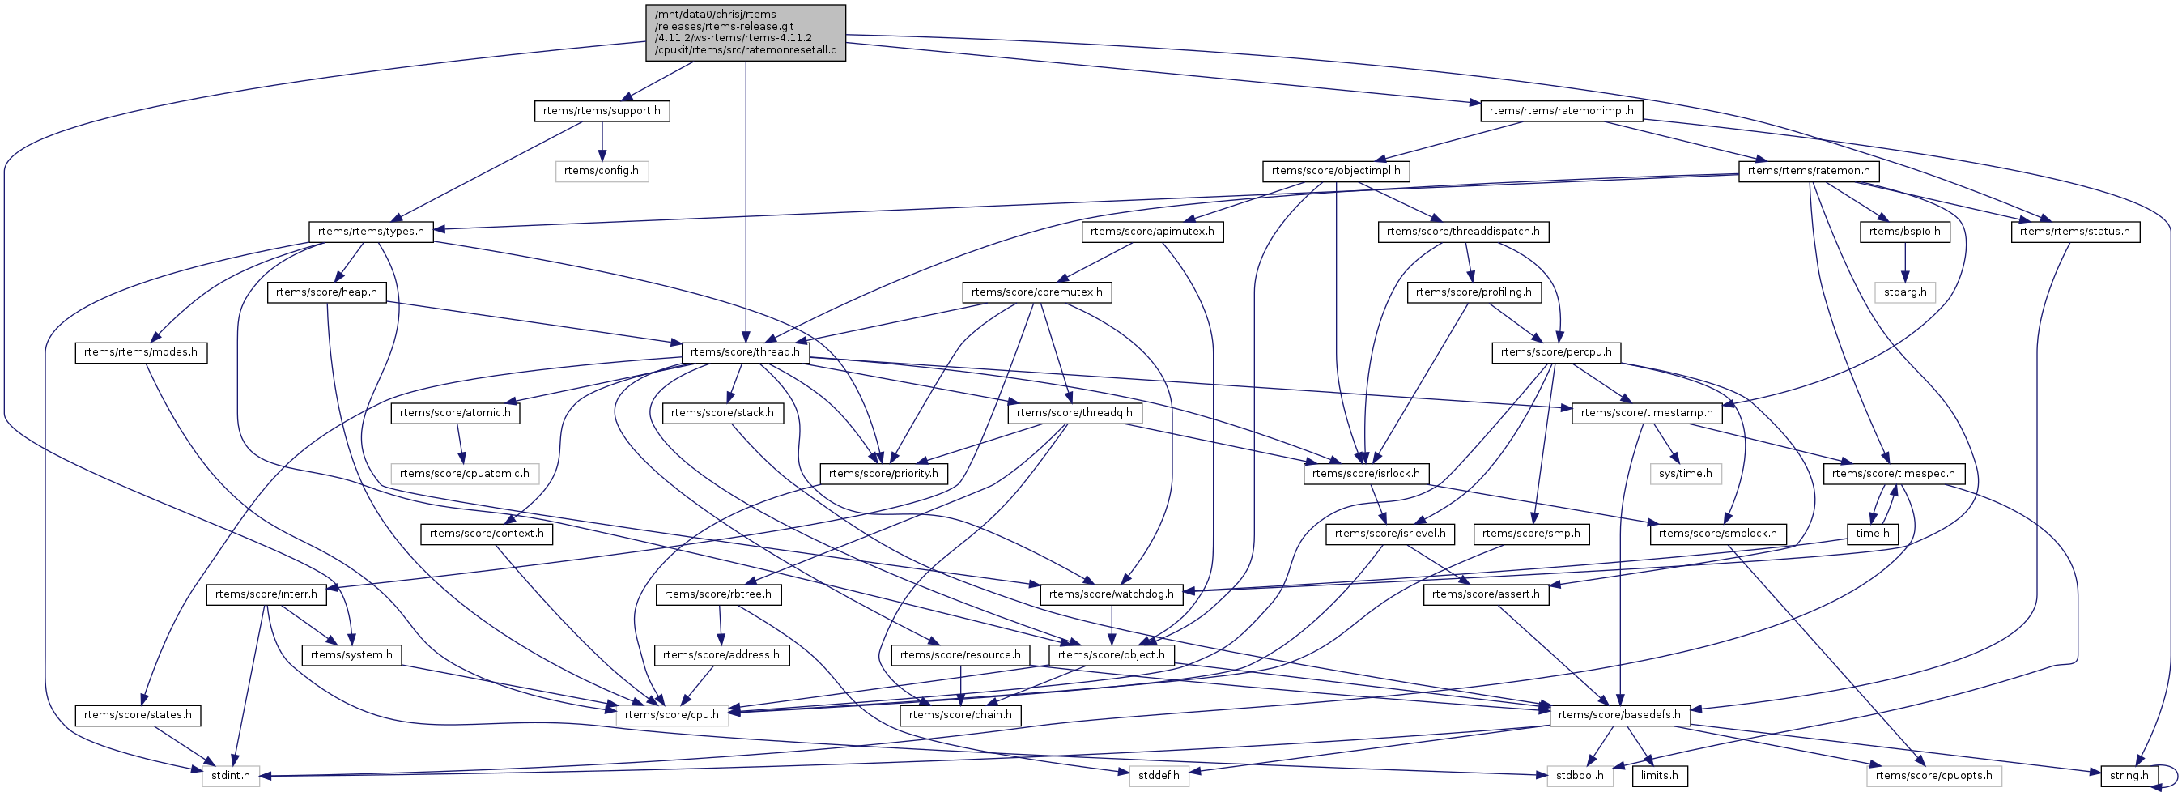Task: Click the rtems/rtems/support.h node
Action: (x=602, y=111)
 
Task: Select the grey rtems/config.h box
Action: (x=602, y=171)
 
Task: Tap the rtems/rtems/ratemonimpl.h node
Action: (x=1561, y=111)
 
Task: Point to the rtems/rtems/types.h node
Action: (x=371, y=232)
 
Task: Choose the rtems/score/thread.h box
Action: (x=746, y=352)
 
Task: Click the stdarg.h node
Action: (x=1906, y=292)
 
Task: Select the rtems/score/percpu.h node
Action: (x=1556, y=352)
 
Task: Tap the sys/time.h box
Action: (x=1686, y=474)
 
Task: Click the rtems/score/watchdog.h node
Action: (x=1112, y=594)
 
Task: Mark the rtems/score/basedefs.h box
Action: (x=1619, y=715)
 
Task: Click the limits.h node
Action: (x=1659, y=776)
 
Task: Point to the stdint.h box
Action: (x=232, y=776)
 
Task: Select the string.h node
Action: (x=2129, y=776)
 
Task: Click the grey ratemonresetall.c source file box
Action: (x=746, y=32)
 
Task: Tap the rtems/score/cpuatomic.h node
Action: (x=464, y=474)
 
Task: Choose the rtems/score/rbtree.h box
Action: (x=718, y=594)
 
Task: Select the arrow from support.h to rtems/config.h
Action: (x=602, y=141)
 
